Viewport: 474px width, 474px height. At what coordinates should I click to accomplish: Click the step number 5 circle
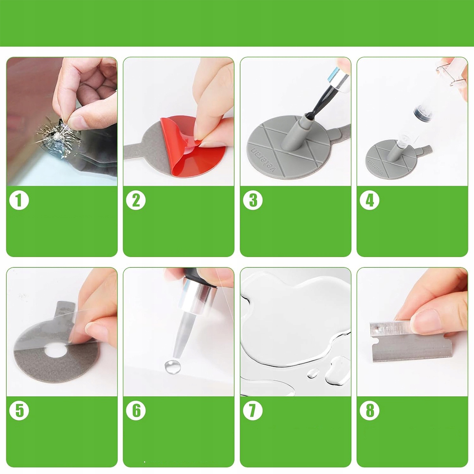click(19, 410)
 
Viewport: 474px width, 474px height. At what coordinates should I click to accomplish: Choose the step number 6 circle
click(136, 410)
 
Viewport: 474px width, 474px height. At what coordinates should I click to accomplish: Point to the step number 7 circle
click(253, 410)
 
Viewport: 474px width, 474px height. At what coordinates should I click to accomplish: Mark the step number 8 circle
click(369, 410)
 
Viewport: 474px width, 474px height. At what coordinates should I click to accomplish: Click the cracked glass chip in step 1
click(59, 138)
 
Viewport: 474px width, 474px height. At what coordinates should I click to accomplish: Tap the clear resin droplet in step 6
click(173, 367)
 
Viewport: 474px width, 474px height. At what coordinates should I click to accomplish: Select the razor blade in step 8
click(411, 342)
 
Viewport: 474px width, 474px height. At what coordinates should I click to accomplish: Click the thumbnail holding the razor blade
click(425, 322)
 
